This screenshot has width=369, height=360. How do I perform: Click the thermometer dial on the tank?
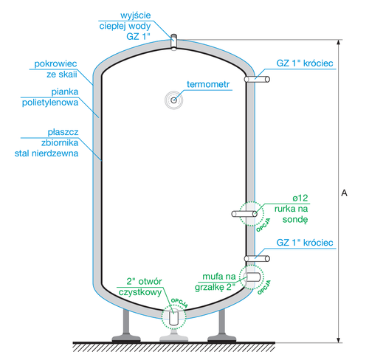[173, 100]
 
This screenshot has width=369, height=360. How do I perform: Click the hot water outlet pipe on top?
[173, 41]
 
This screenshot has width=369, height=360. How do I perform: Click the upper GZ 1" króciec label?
[305, 64]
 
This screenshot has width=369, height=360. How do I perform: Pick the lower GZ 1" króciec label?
[305, 243]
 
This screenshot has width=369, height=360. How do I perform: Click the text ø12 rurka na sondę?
[294, 208]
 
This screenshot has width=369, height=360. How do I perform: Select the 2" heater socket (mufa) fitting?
[252, 277]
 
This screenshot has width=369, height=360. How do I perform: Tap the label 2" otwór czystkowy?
[144, 286]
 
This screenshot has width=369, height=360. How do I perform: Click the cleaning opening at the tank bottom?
[173, 318]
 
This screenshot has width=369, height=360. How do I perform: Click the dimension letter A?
[345, 193]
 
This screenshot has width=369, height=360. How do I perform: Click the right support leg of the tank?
[221, 325]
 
